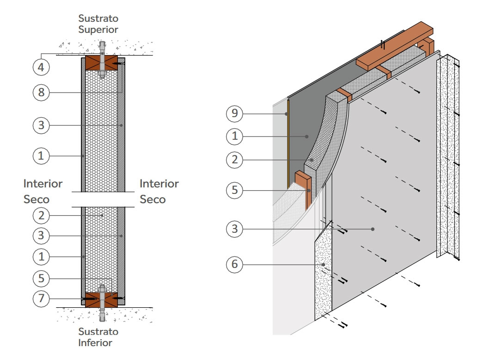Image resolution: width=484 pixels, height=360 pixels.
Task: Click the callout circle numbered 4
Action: [41, 67]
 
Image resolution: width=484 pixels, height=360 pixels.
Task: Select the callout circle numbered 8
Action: [41, 92]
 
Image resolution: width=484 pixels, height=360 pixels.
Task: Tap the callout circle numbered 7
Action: [41, 298]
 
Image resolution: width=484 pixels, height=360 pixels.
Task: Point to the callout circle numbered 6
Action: [235, 265]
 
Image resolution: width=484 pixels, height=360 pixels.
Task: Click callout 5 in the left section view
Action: [41, 279]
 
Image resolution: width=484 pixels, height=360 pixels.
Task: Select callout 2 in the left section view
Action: [41, 215]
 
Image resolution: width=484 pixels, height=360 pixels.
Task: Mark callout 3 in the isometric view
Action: [235, 229]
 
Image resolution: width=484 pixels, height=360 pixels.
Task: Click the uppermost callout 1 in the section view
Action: [41, 156]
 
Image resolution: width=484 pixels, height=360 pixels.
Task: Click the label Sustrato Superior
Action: [98, 24]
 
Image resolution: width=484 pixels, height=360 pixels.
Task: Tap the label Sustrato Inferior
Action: [98, 337]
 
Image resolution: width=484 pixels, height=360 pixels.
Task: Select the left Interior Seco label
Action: [43, 192]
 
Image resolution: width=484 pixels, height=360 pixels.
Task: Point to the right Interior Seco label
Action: [159, 192]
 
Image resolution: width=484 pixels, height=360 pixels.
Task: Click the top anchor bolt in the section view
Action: [102, 60]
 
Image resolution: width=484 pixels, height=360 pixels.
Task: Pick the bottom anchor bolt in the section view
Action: [102, 305]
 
